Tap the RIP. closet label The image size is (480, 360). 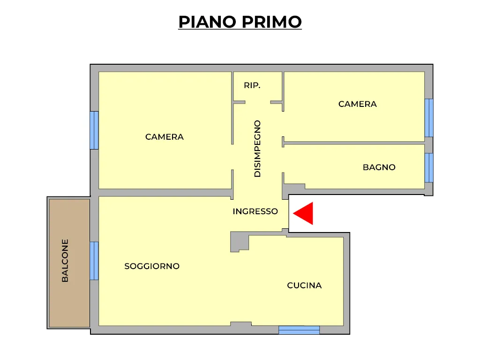pos(252,85)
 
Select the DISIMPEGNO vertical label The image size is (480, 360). pos(257,149)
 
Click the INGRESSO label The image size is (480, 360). pos(255,211)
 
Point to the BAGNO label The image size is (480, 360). pos(379,167)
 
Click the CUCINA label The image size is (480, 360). pos(304,285)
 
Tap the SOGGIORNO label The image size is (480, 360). pos(152,266)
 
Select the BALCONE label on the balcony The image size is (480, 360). pos(65,261)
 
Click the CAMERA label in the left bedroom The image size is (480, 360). pos(165,137)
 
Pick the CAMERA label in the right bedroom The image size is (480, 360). pos(358,104)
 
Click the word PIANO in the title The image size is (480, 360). pos(207,22)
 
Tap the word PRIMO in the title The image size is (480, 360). pos(271,22)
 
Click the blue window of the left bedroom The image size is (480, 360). pos(94,130)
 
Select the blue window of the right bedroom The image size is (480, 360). pos(429,118)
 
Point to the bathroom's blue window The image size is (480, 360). pos(429,168)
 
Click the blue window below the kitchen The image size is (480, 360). pos(299,330)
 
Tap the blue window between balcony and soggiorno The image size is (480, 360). pos(94,261)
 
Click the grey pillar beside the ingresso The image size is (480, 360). pos(240,242)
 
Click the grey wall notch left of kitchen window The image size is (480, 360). pos(241,324)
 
